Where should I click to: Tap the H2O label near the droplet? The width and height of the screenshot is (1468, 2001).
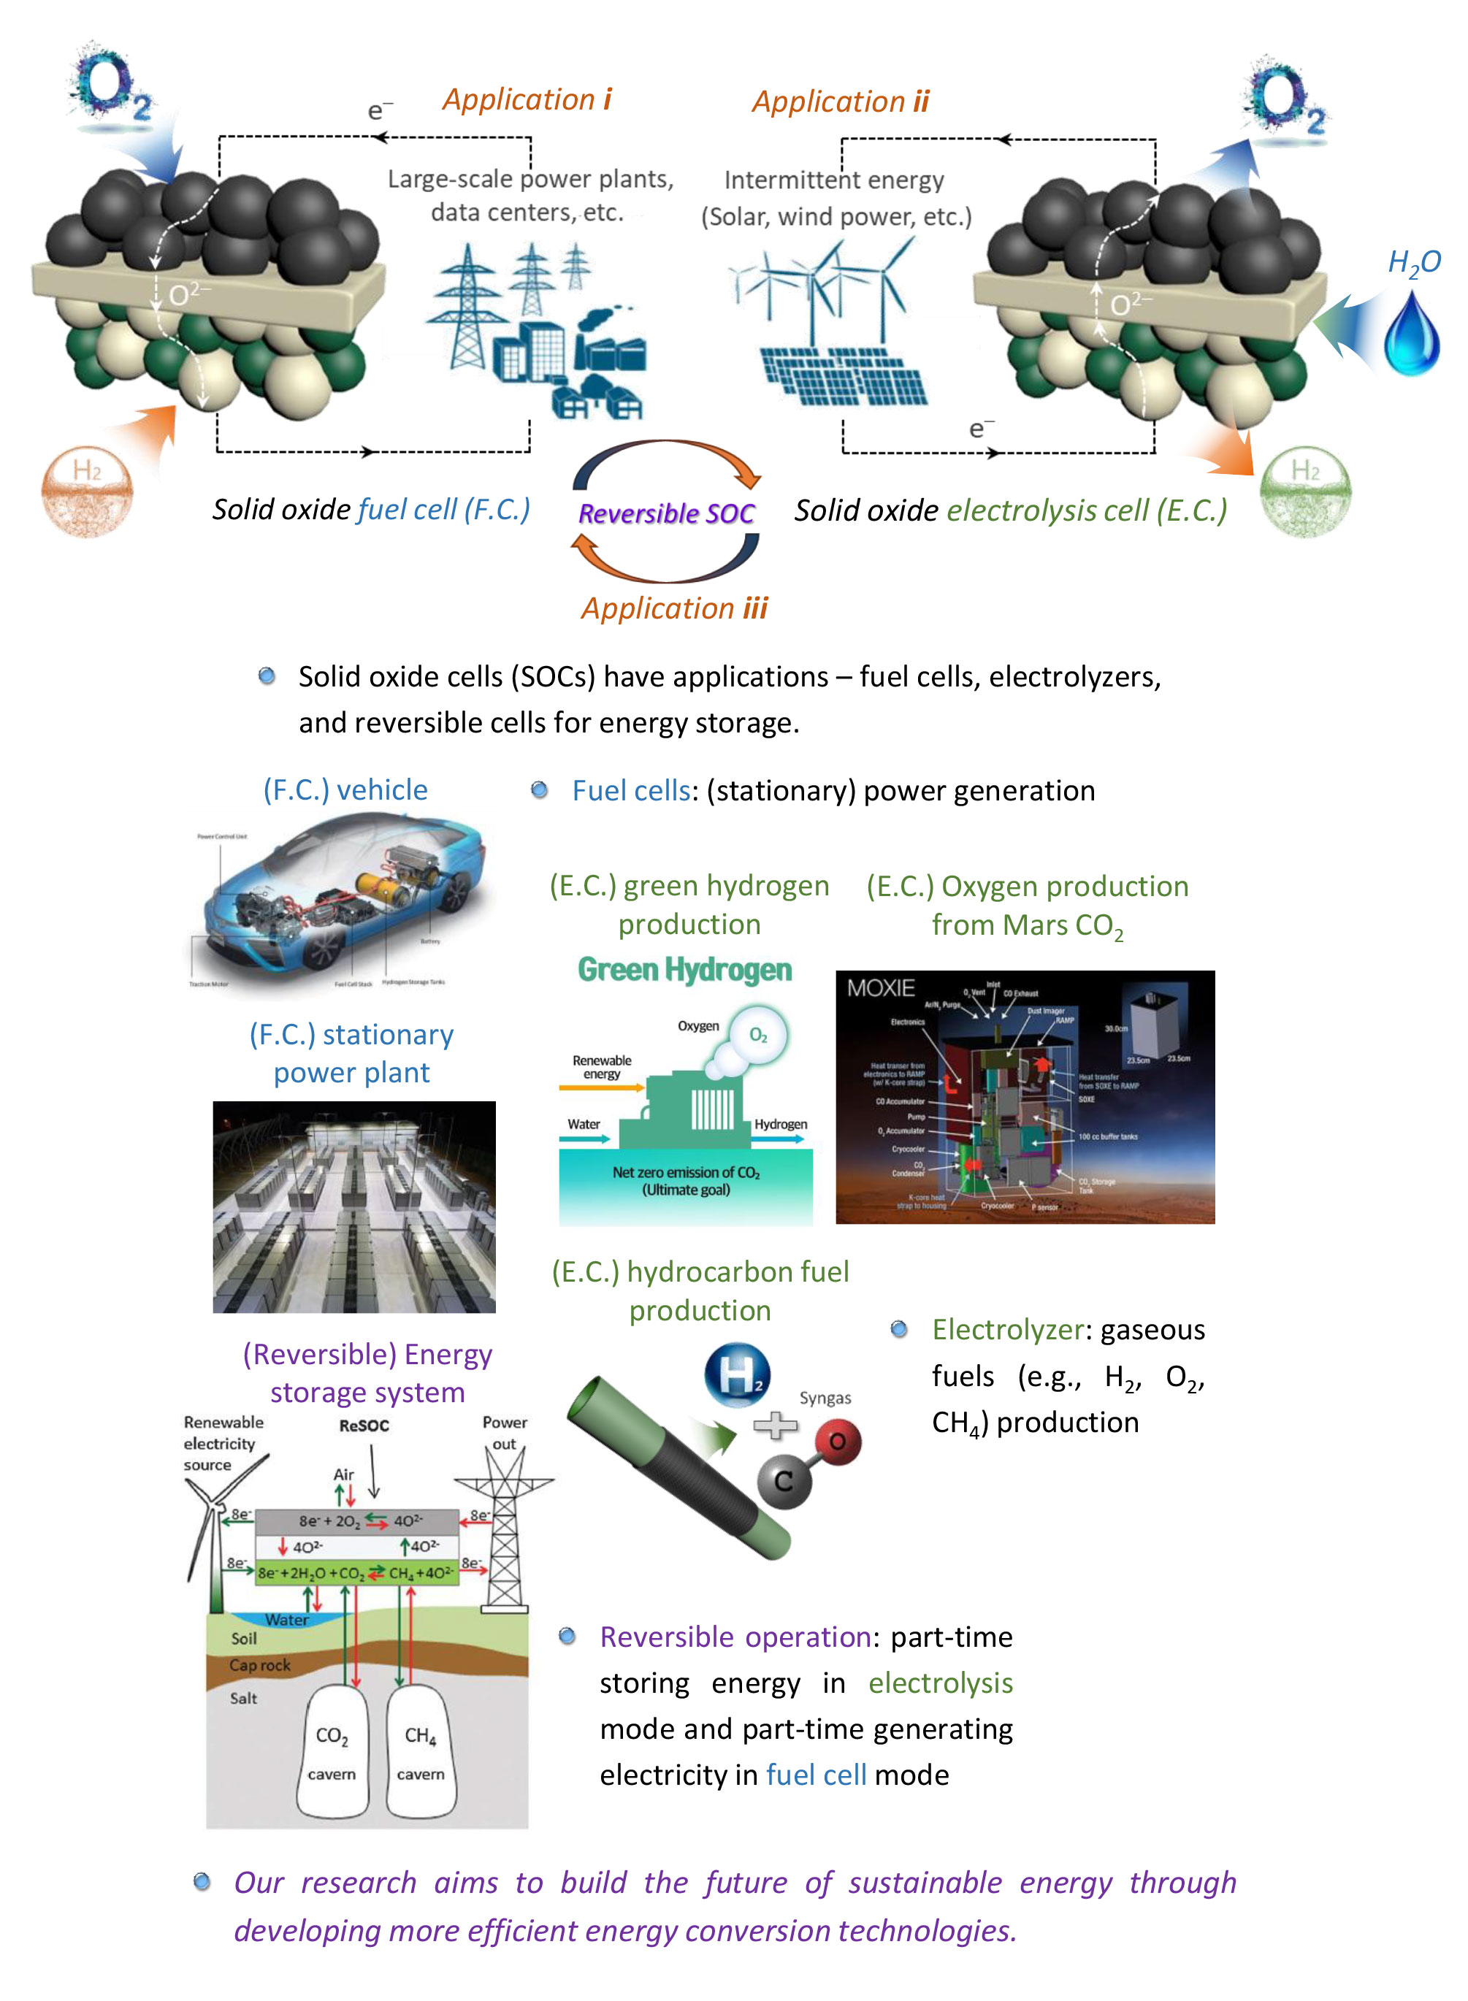tap(1414, 263)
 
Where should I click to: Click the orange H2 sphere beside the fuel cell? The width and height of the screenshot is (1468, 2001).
tap(87, 491)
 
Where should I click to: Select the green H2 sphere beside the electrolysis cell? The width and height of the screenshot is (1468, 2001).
tap(1305, 491)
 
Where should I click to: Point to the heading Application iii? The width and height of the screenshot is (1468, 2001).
tap(673, 608)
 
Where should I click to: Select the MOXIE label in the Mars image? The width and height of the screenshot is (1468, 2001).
tap(881, 988)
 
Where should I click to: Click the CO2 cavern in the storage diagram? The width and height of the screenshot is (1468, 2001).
tap(332, 1751)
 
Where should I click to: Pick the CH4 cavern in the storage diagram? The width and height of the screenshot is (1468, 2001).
tap(421, 1751)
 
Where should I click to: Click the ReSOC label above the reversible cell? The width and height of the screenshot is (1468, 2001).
tap(364, 1426)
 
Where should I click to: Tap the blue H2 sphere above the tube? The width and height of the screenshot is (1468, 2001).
tap(738, 1375)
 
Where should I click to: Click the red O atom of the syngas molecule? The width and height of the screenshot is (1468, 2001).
tap(836, 1441)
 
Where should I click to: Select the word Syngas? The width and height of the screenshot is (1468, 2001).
tap(825, 1399)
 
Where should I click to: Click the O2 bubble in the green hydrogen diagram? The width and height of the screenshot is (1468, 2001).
tap(758, 1035)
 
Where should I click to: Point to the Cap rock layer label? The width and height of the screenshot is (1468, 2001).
tap(259, 1665)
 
